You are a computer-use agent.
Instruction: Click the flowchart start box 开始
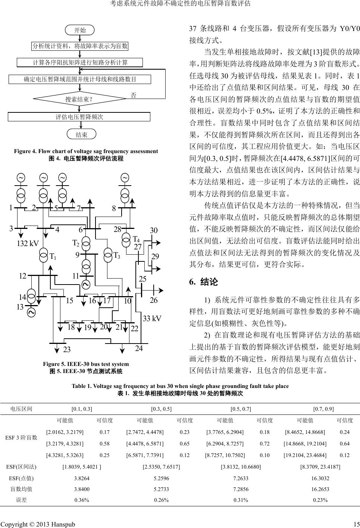80,30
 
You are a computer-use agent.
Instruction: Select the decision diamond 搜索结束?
79,99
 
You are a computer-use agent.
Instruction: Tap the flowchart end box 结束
81,134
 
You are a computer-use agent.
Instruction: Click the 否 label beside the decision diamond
133,95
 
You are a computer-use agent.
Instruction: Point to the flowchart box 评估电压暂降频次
79,117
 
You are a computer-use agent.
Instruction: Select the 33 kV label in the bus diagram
152,319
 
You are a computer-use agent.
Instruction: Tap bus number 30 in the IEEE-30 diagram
154,231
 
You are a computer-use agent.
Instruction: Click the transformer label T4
136,239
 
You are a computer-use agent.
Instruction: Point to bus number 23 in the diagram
67,350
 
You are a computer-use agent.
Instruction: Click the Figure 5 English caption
86,364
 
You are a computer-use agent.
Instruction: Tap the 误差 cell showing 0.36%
82,500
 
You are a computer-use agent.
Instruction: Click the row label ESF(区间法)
22,466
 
